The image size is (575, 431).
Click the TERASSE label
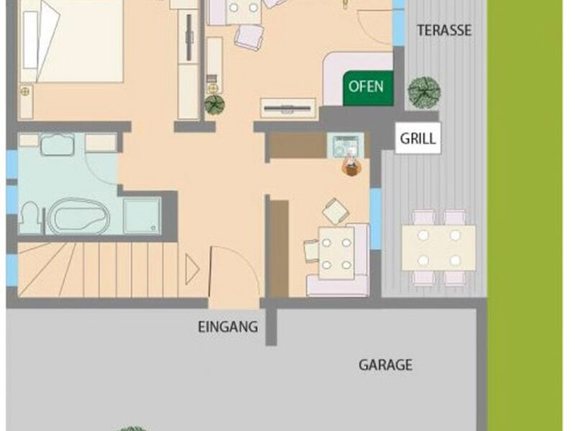(444, 30)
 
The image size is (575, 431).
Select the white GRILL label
(418, 138)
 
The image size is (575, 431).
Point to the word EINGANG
(227, 327)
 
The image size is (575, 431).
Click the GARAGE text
(385, 365)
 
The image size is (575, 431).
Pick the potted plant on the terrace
(423, 91)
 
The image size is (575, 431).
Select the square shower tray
(142, 215)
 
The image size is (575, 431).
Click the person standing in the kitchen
(350, 167)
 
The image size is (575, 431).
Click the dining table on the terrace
(438, 246)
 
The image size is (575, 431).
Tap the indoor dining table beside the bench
(336, 253)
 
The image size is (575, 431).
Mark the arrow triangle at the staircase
(192, 269)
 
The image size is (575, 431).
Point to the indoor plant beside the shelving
(214, 104)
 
